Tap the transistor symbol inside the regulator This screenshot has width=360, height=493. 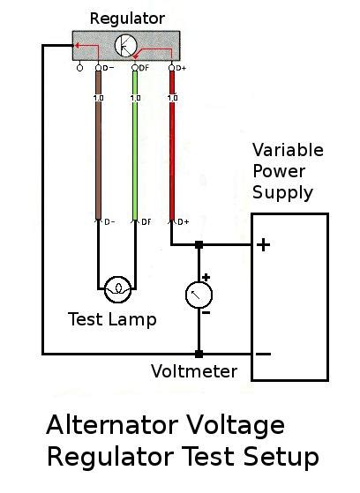[x=126, y=47]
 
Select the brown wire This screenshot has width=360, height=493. [x=98, y=159]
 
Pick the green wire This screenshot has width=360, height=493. [x=135, y=159]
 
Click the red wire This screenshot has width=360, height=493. [x=172, y=159]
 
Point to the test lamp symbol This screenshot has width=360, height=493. [x=116, y=288]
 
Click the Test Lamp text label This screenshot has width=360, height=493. [x=112, y=319]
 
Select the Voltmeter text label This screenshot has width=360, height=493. [x=194, y=370]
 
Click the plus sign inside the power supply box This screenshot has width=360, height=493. [x=263, y=244]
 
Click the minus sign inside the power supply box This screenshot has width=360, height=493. [x=263, y=354]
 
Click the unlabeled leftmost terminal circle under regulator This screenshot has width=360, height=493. [x=80, y=67]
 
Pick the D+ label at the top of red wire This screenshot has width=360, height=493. [x=181, y=68]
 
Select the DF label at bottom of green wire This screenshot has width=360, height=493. [x=146, y=222]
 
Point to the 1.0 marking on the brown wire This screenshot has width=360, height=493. [x=98, y=97]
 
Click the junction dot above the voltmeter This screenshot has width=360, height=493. [x=199, y=244]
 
